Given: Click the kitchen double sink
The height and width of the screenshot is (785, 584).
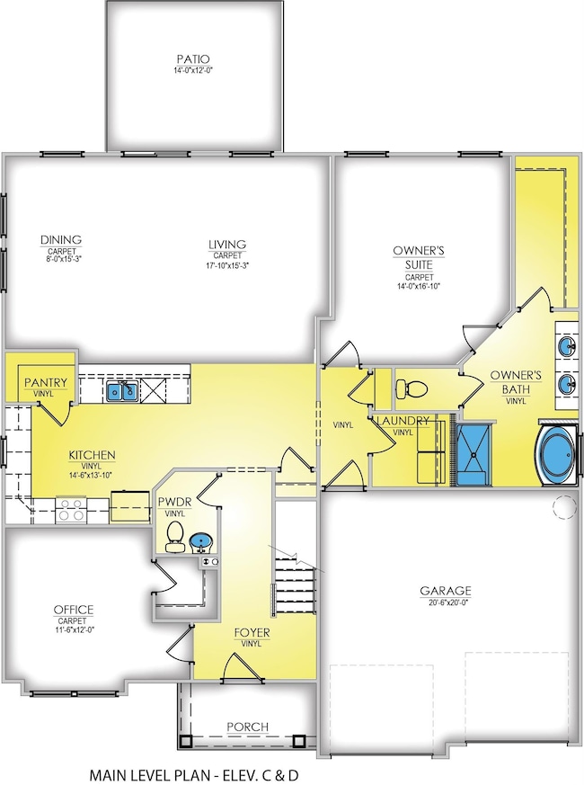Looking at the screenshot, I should pos(122,389).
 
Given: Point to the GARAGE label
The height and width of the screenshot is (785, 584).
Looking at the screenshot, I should pos(446,591).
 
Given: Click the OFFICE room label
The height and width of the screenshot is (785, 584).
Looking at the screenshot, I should pos(74,610).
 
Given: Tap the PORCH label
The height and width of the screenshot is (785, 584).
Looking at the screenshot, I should pos(247,727).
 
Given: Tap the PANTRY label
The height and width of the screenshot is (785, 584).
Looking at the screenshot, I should pos(41,382).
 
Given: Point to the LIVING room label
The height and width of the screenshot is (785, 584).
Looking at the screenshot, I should pos(227,244).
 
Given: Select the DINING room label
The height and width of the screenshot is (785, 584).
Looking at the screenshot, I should pos(61,239).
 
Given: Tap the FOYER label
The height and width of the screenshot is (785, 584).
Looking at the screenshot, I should pos(252,633).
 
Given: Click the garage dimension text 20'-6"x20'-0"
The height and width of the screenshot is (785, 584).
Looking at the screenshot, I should pos(446,603).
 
